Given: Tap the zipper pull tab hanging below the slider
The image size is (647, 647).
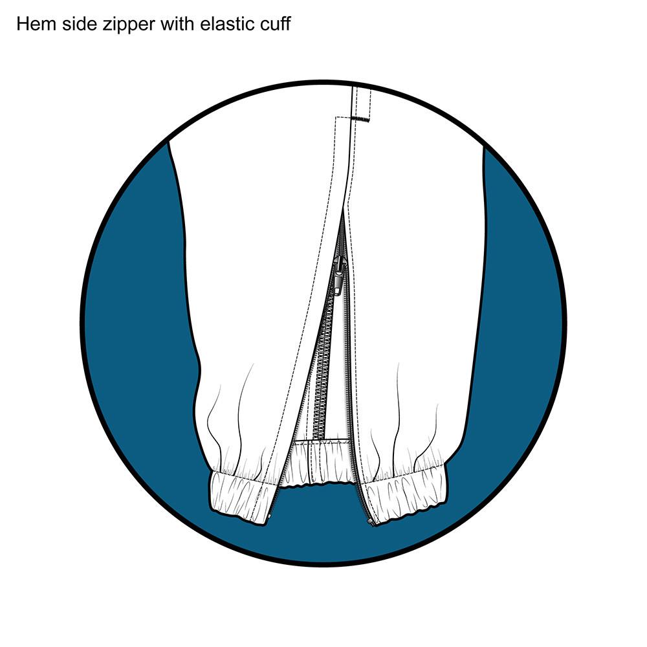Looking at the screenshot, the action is tap(338, 284).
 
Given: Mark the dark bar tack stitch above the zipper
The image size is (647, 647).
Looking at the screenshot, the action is tap(360, 120).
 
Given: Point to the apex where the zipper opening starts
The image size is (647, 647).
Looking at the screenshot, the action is tap(344, 210).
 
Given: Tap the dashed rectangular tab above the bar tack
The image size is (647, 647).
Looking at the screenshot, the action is tap(360, 102).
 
